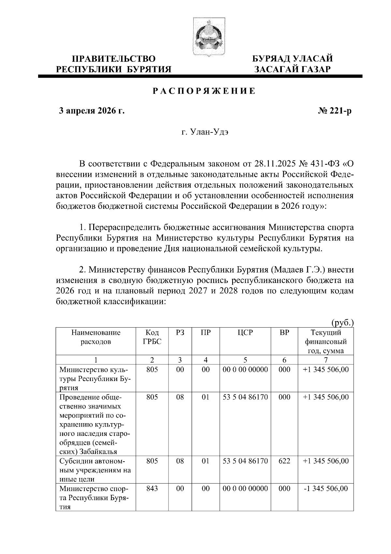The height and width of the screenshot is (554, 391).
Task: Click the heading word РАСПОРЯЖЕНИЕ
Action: click(x=204, y=91)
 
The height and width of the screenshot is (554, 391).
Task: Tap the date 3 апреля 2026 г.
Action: click(x=92, y=111)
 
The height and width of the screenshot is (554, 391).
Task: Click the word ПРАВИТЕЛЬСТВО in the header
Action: click(x=114, y=59)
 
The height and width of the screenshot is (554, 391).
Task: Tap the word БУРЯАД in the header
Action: click(x=272, y=59)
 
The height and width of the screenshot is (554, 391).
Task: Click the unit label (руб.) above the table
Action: click(x=342, y=323)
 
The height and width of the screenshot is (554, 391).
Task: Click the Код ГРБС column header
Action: click(x=152, y=337)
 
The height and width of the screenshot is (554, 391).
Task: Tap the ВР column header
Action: click(x=284, y=333)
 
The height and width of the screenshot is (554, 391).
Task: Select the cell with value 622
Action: click(x=284, y=461)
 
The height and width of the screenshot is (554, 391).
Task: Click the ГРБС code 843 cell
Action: click(x=152, y=488)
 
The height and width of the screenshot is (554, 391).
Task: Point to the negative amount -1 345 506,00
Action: click(x=326, y=488)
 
